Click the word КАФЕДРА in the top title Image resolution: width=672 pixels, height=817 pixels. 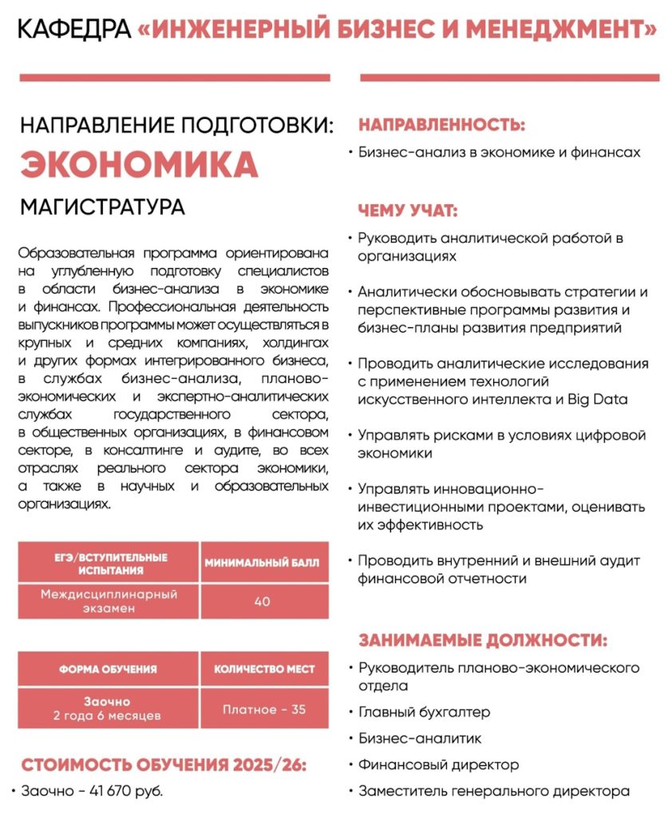pos(73,30)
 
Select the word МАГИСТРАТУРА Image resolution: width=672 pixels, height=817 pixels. pos(102,207)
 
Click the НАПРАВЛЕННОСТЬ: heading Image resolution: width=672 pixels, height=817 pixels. pos(441,124)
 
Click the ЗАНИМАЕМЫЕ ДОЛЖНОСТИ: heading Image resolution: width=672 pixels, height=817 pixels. pos(482,641)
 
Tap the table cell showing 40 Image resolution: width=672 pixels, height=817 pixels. pos(263,602)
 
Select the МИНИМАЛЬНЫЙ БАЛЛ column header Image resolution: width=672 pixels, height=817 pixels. pos(262,562)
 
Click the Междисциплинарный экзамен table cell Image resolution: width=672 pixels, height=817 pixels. pos(109,602)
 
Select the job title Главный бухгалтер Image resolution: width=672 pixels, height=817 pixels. pos(424,712)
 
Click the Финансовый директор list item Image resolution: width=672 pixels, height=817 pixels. pos(438,764)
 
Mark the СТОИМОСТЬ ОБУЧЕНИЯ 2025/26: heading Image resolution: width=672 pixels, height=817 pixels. pos(164,764)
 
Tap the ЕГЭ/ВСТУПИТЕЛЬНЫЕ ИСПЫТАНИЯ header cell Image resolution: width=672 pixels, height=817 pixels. pos(109,563)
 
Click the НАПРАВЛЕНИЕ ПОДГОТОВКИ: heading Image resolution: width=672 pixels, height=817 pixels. pos(176,125)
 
